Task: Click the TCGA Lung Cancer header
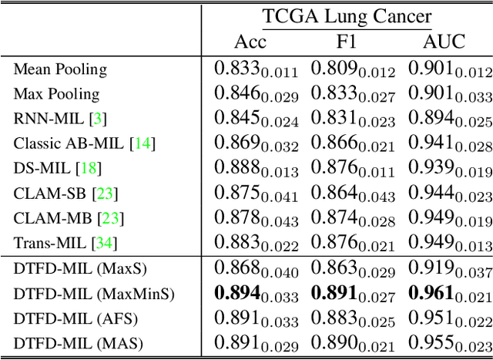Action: pos(347,16)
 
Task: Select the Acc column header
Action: pos(250,42)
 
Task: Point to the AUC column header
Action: pos(444,42)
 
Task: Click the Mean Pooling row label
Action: pos(60,69)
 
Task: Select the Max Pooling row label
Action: pos(56,94)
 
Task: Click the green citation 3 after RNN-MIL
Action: pos(98,119)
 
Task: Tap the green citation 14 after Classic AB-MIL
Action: pos(144,143)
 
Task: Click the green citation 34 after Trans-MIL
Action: pos(102,243)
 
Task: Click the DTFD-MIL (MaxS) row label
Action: pos(79,268)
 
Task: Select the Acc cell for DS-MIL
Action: pos(255,169)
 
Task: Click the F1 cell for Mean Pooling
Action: pos(352,70)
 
